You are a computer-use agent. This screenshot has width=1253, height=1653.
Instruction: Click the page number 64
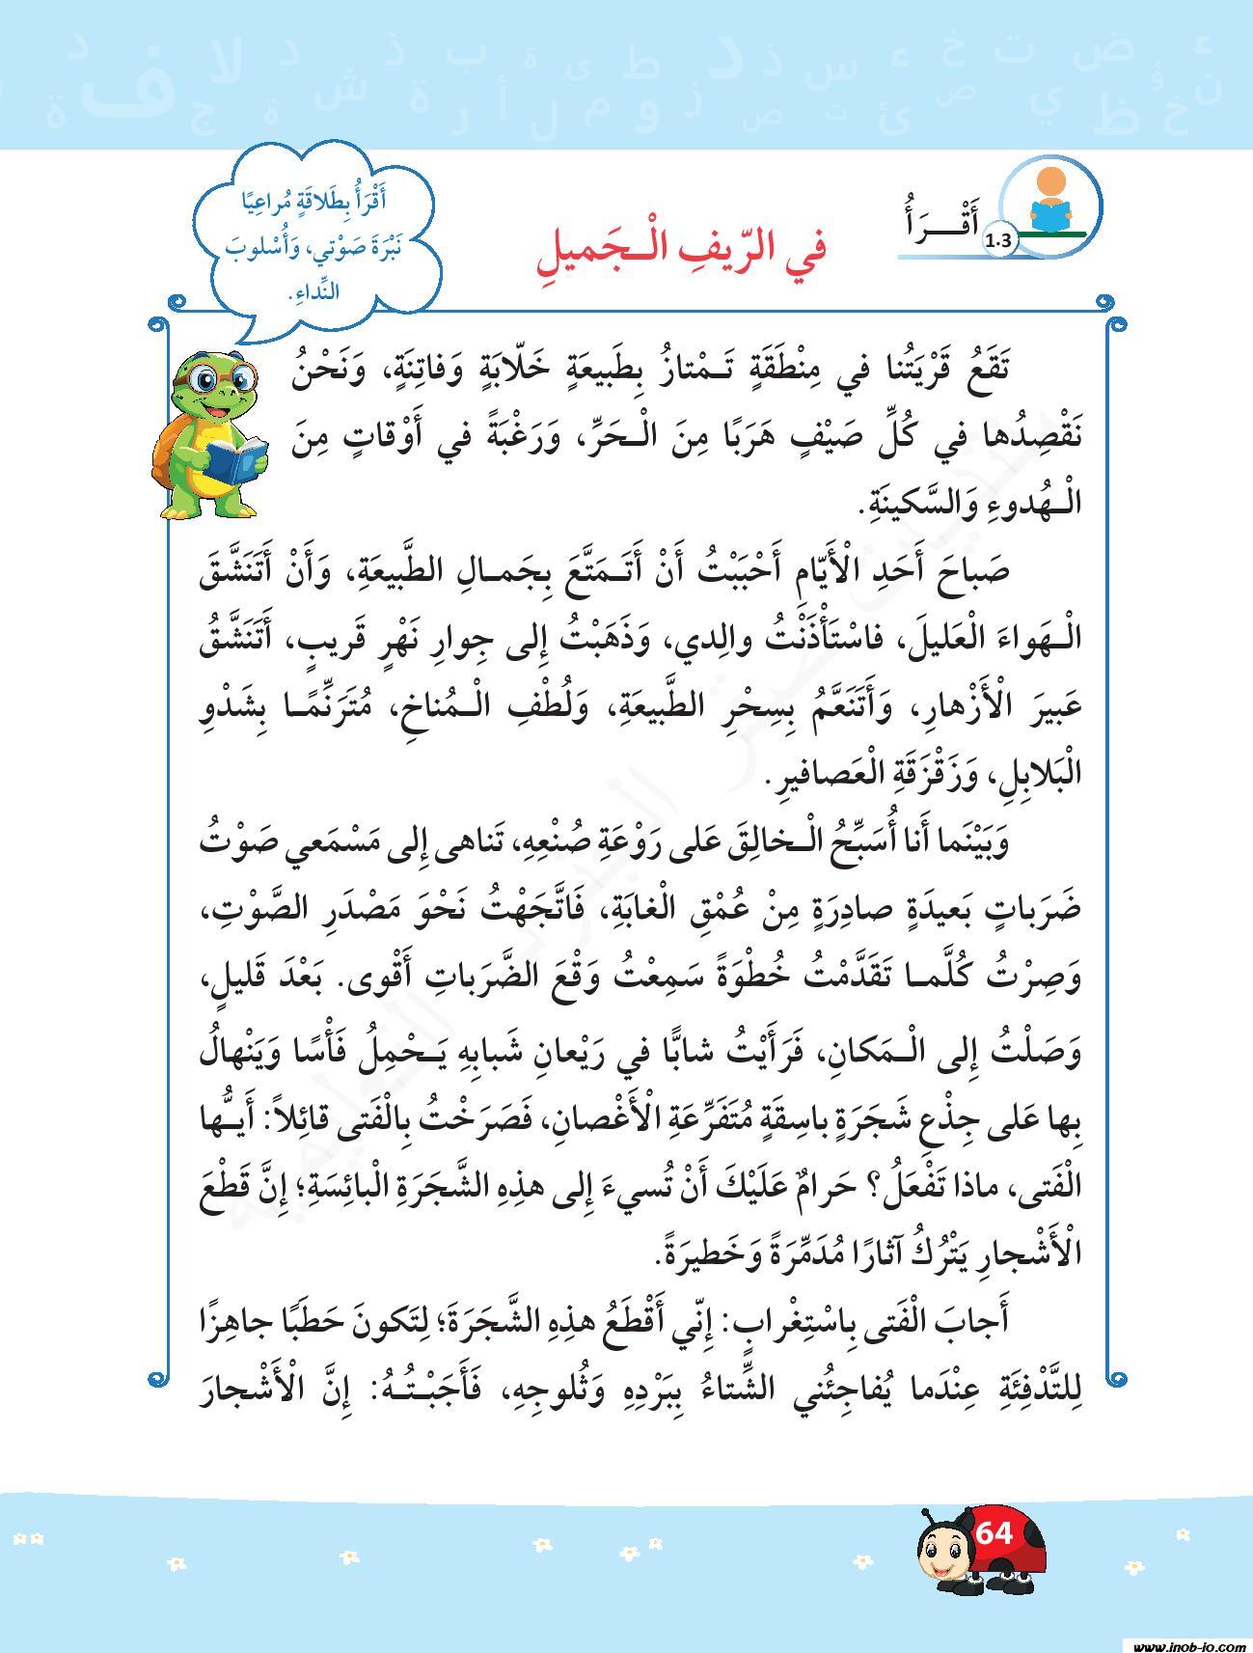(x=994, y=1531)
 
